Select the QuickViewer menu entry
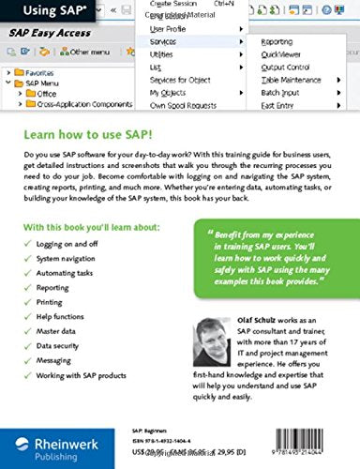tap(281, 54)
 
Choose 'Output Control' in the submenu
tap(287, 68)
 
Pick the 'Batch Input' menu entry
tap(282, 94)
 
